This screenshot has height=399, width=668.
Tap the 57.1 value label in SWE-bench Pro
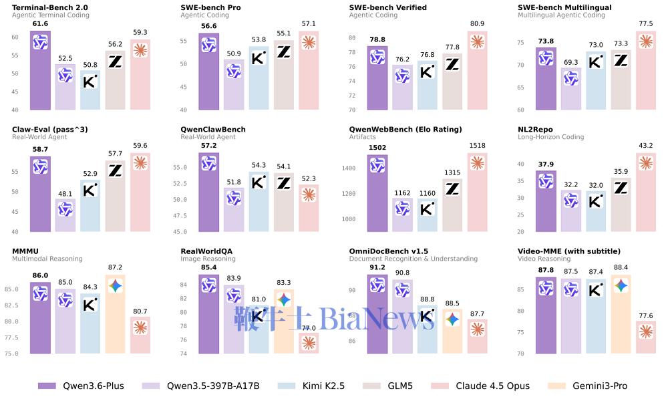tap(309, 23)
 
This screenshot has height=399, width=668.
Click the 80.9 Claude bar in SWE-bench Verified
tap(477, 70)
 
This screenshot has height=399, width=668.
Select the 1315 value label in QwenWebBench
tap(452, 172)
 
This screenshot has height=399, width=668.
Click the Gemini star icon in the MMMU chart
tap(116, 286)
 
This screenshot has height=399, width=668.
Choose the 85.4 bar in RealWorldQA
tap(208, 313)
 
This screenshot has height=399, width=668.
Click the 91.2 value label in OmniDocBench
tap(377, 267)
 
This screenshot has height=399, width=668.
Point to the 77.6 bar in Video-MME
tap(645, 337)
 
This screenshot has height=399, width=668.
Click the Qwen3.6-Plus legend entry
tap(81, 386)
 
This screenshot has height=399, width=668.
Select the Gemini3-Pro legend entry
tap(587, 386)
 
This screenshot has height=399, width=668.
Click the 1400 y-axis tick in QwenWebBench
tap(349, 168)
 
